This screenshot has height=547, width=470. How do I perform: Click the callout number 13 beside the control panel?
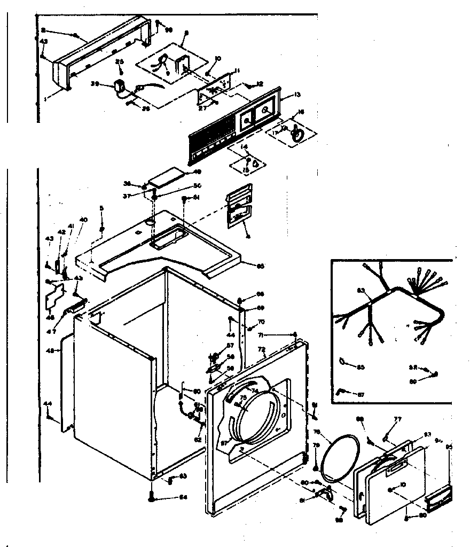point(297,94)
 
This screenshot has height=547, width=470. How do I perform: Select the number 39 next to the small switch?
point(95,83)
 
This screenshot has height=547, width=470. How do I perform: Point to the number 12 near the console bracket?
point(260,84)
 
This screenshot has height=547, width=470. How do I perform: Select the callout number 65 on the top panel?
point(260,265)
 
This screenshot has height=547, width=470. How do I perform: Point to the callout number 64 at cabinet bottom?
point(183,498)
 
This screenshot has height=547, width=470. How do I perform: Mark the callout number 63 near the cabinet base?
point(182,475)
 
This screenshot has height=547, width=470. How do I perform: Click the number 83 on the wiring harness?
point(362,291)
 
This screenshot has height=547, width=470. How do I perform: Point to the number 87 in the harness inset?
point(361,394)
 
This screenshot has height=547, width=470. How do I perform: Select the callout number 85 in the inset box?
point(361,366)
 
